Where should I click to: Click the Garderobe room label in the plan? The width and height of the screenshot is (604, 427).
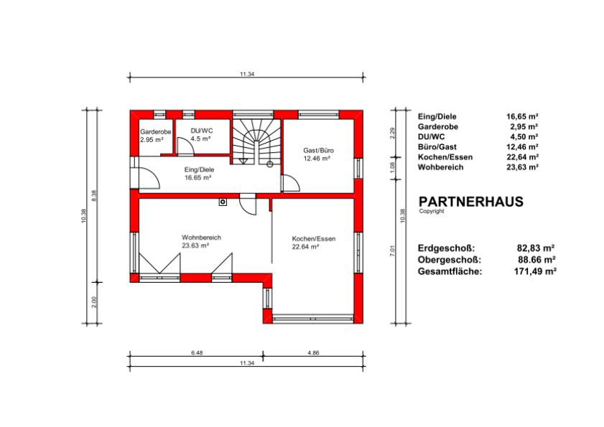pyautogui.click(x=156, y=131)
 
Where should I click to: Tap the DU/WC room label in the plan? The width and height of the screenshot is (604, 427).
pyautogui.click(x=202, y=131)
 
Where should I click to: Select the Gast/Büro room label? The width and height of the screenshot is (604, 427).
pyautogui.click(x=319, y=150)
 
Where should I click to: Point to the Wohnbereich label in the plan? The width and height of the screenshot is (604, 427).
pyautogui.click(x=202, y=238)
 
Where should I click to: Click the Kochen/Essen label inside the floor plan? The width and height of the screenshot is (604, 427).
pyautogui.click(x=314, y=239)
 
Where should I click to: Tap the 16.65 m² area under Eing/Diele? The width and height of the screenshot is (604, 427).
pyautogui.click(x=198, y=177)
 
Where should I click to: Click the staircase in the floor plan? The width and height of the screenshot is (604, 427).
pyautogui.click(x=256, y=141)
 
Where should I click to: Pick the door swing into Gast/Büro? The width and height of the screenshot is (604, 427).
pyautogui.click(x=291, y=183)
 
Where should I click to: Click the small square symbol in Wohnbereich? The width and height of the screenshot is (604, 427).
pyautogui.click(x=223, y=202)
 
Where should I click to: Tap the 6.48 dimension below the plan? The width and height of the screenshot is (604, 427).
pyautogui.click(x=197, y=352)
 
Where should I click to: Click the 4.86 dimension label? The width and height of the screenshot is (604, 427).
pyautogui.click(x=314, y=352)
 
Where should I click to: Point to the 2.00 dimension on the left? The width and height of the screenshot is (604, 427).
pyautogui.click(x=94, y=302)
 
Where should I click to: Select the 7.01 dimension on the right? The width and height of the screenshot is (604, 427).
pyautogui.click(x=393, y=250)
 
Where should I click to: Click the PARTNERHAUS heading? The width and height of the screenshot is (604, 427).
pyautogui.click(x=471, y=202)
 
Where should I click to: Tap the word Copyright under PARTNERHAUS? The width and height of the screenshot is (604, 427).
pyautogui.click(x=432, y=211)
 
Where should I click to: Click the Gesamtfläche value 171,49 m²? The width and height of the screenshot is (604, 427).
pyautogui.click(x=535, y=271)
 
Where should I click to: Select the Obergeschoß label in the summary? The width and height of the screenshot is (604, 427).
pyautogui.click(x=450, y=260)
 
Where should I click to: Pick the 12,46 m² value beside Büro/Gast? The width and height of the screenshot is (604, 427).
pyautogui.click(x=522, y=146)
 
